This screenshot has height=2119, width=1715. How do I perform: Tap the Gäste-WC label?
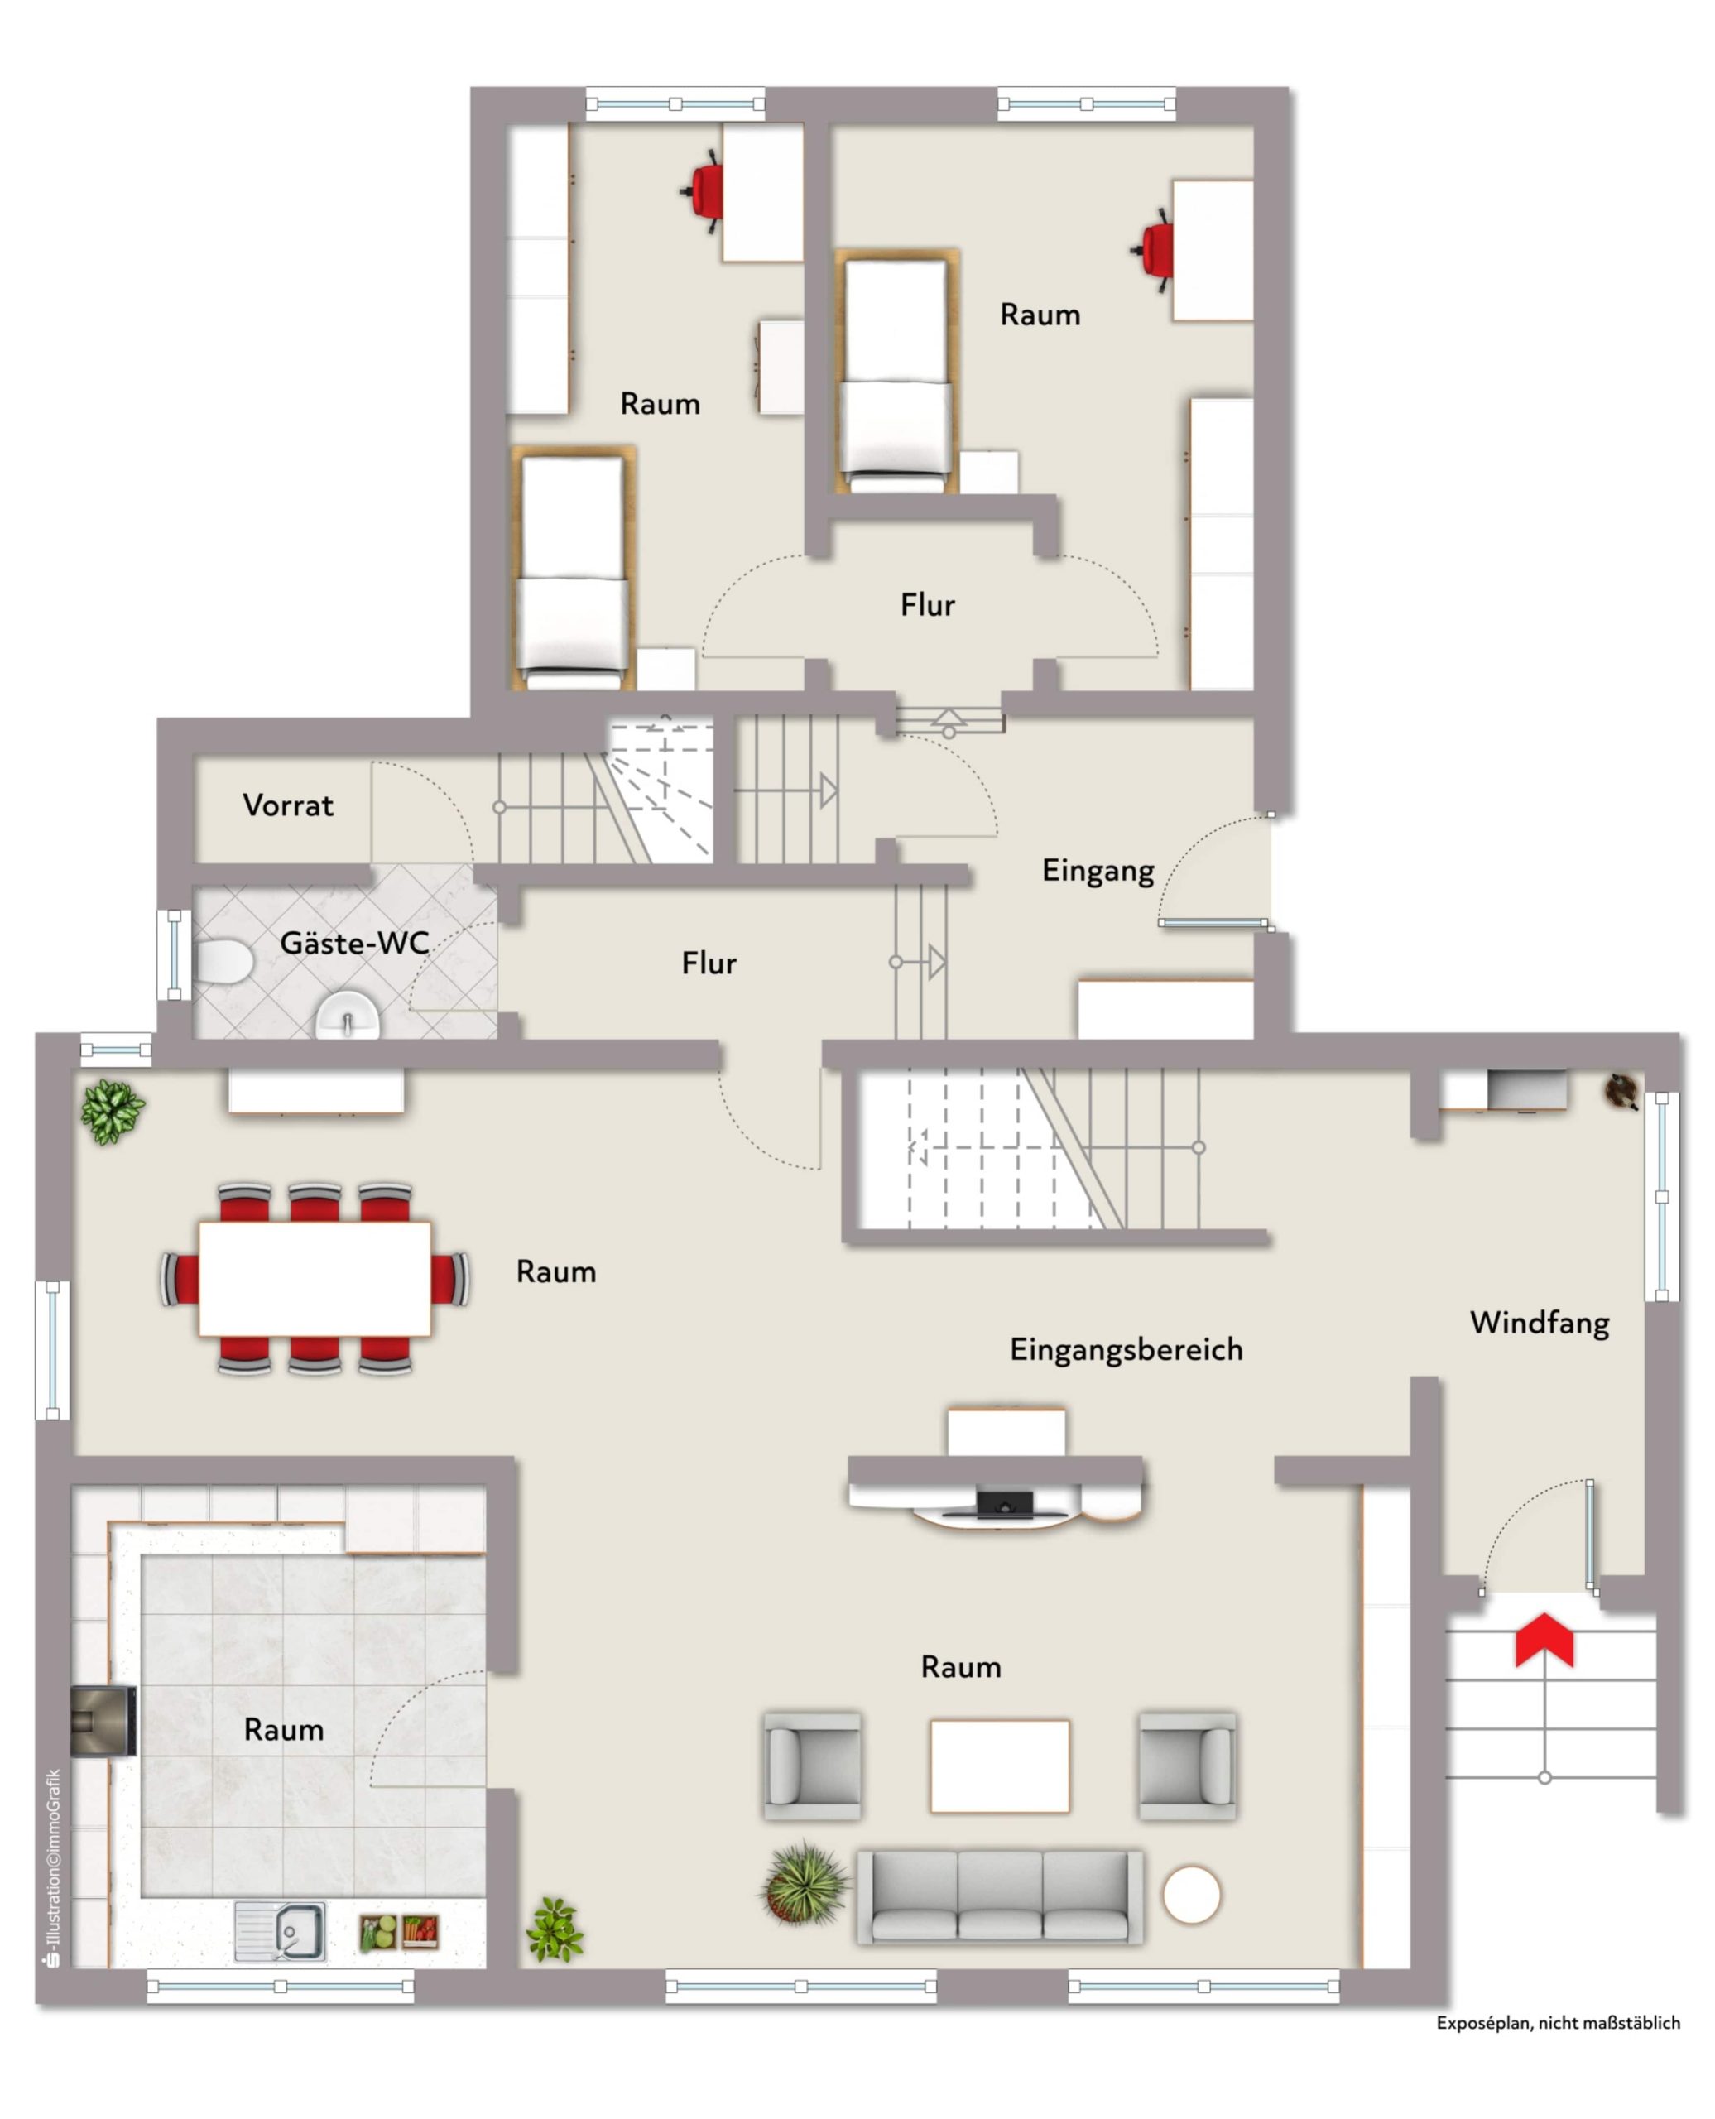pyautogui.click(x=354, y=944)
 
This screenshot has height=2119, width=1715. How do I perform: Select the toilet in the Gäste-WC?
pyautogui.click(x=223, y=961)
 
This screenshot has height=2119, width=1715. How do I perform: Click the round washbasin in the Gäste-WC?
pyautogui.click(x=347, y=1016)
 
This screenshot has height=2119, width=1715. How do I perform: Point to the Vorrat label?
pyautogui.click(x=289, y=805)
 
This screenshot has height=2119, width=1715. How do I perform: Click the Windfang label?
pyautogui.click(x=1540, y=1323)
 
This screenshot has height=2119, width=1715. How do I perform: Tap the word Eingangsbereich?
pyautogui.click(x=1127, y=1350)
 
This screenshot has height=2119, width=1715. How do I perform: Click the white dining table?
pyautogui.click(x=315, y=1278)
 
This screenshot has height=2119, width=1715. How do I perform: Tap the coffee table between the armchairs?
pyautogui.click(x=1000, y=1766)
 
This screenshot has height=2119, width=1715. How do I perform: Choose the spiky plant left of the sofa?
pyautogui.click(x=805, y=1884)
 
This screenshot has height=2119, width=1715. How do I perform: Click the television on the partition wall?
pyautogui.click(x=1005, y=1506)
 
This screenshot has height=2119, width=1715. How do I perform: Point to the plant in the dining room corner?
pyautogui.click(x=112, y=1112)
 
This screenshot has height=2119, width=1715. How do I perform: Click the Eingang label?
pyautogui.click(x=1098, y=870)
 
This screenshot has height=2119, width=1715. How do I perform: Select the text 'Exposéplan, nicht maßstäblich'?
pyautogui.click(x=1558, y=2042)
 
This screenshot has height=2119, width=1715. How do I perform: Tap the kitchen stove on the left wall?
pyautogui.click(x=103, y=1721)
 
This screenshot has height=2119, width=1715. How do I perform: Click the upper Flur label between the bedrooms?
pyautogui.click(x=928, y=604)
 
